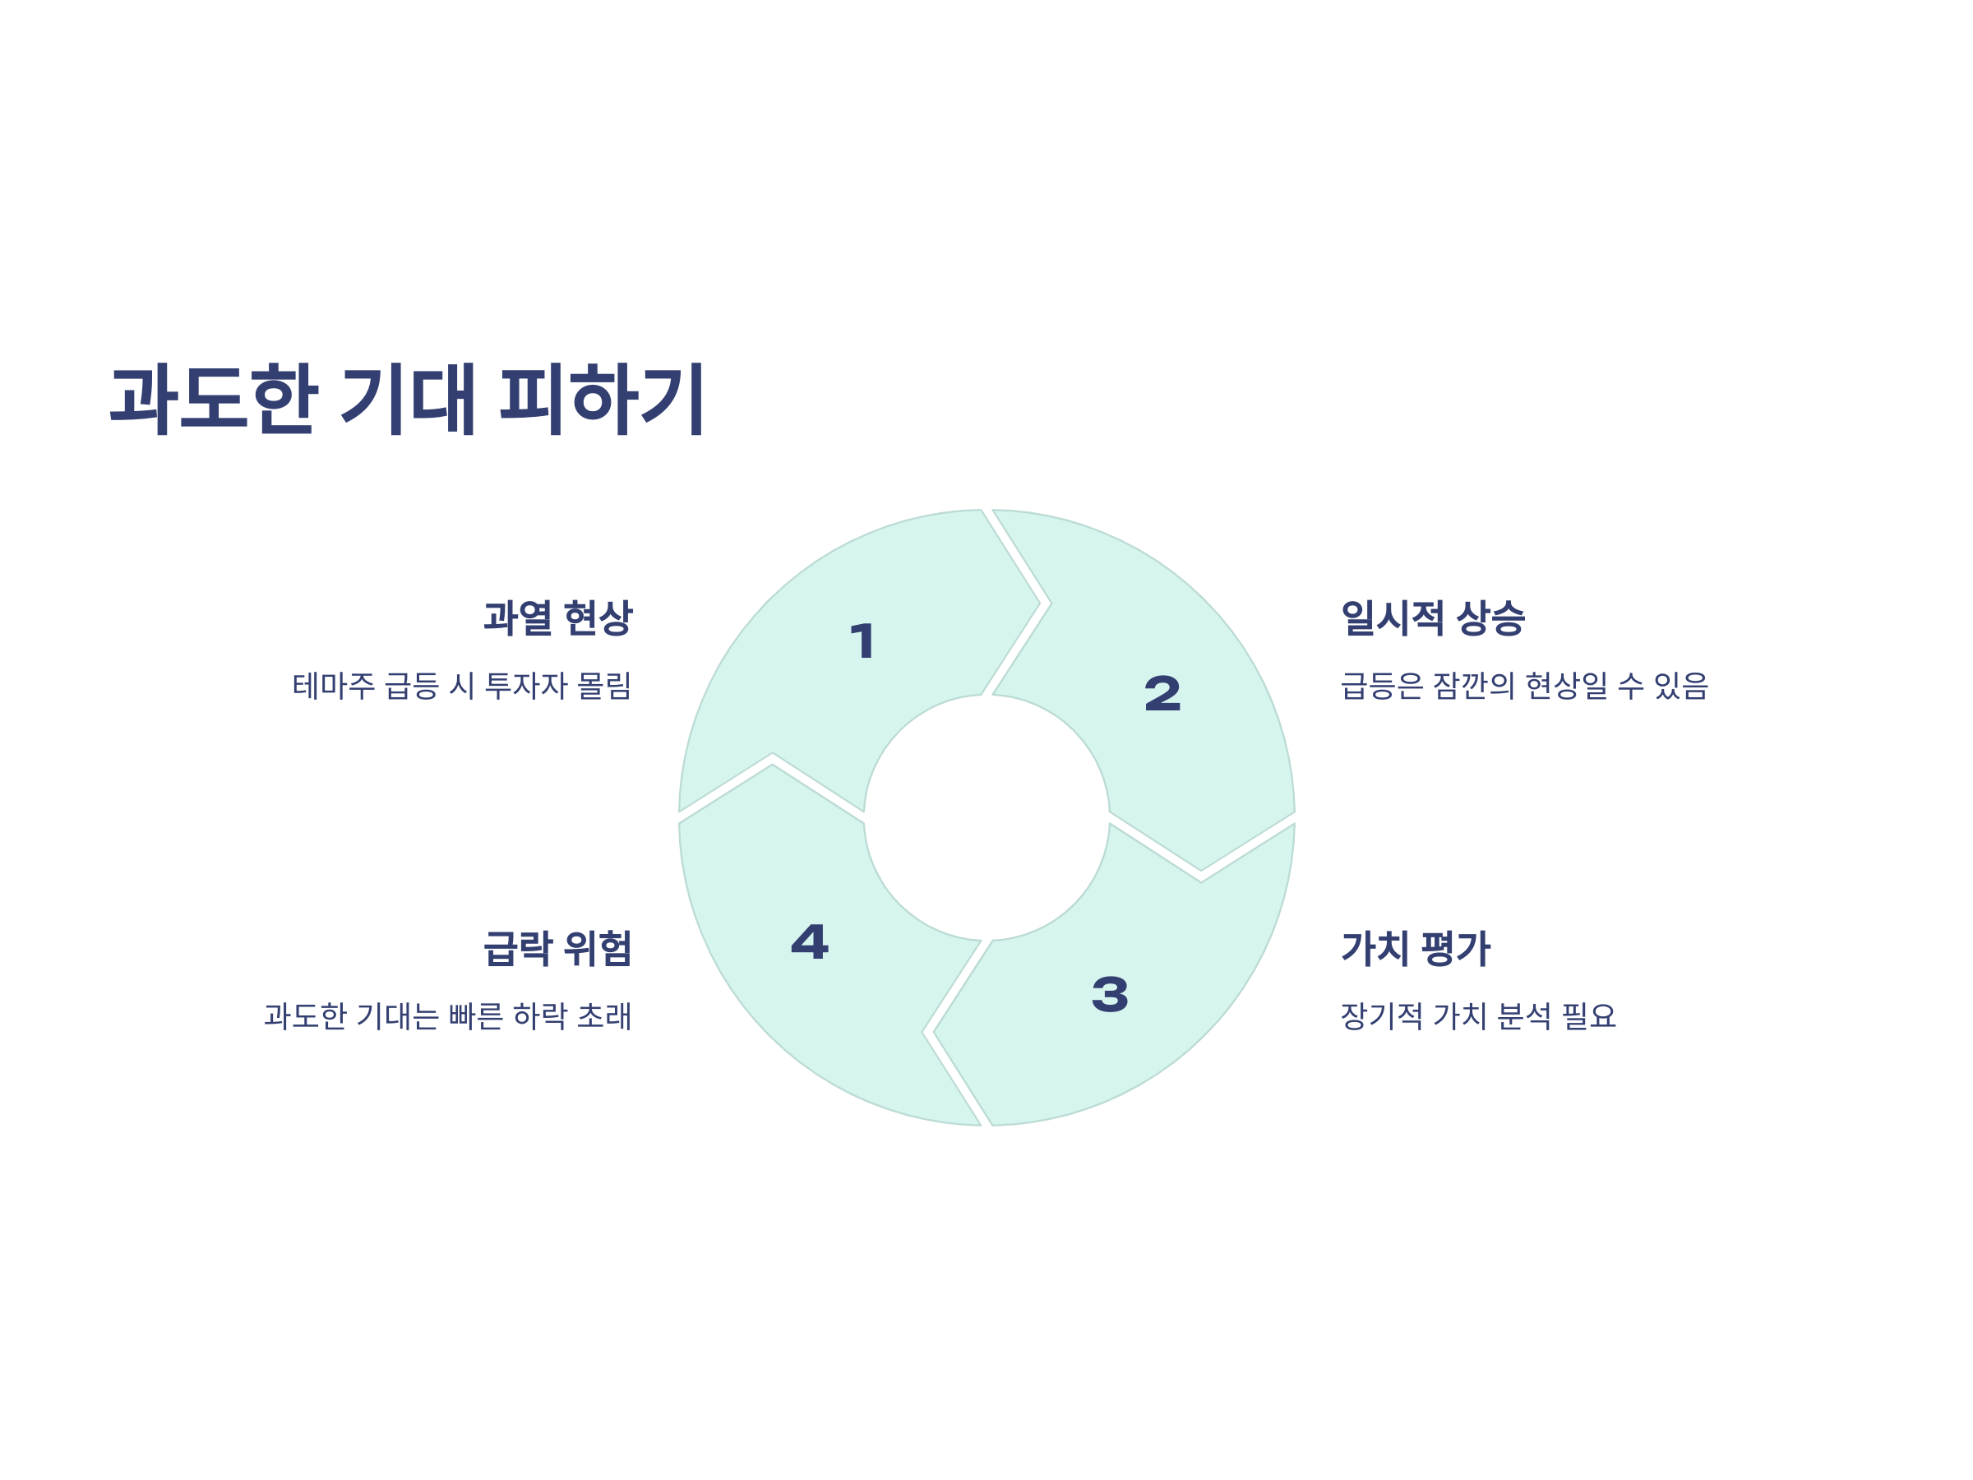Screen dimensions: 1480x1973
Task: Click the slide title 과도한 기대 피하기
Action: [407, 399]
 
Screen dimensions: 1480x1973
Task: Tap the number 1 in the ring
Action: [862, 641]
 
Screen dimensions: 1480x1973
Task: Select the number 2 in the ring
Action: [1162, 694]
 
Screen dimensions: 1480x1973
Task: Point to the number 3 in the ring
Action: [1110, 995]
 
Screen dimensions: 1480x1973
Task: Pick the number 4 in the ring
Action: [810, 942]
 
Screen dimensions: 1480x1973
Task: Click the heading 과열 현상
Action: [557, 618]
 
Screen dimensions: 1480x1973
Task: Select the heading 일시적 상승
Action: [1432, 618]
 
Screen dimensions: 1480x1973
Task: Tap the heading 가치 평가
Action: [1416, 948]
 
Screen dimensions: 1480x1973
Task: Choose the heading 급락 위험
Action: [557, 948]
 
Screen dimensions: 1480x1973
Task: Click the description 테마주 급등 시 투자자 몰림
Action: [462, 686]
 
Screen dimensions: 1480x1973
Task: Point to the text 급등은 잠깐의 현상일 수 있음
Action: [1523, 686]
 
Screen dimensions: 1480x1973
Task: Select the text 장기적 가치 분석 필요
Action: [1478, 1016]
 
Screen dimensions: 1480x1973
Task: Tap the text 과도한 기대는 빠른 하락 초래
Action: [448, 1016]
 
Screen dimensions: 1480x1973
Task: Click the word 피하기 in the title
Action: [602, 399]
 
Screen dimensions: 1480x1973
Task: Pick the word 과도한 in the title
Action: [214, 399]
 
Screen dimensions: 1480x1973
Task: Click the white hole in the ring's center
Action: [987, 817]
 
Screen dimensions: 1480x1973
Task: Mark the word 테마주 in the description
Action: [334, 686]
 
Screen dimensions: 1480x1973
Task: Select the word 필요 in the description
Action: [1588, 1016]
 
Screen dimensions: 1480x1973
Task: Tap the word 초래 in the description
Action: [605, 1016]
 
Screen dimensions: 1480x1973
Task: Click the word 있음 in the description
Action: [1680, 686]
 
